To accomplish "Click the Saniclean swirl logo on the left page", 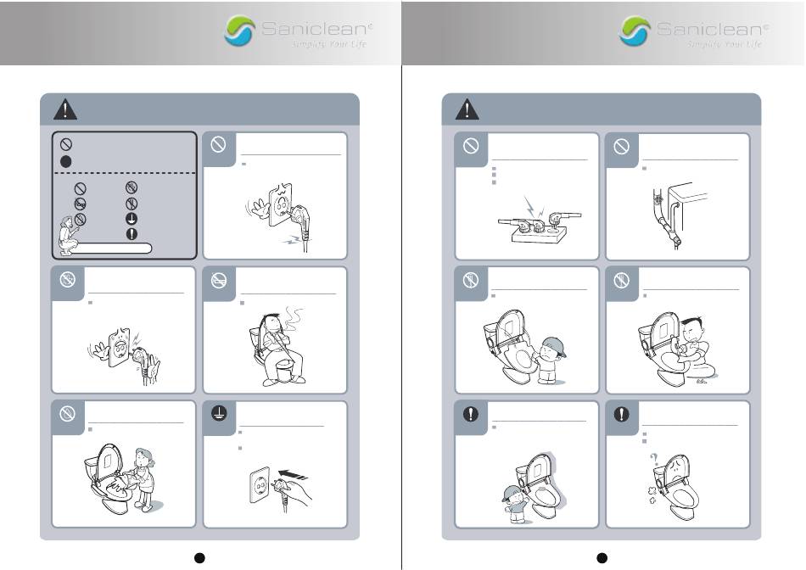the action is click(x=239, y=31).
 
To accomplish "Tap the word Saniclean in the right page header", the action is click(x=712, y=29).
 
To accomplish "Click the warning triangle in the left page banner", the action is click(x=65, y=109).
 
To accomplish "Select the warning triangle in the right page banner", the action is click(x=467, y=109).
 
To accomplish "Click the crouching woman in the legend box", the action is click(x=67, y=236).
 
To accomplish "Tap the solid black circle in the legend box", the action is click(x=66, y=161).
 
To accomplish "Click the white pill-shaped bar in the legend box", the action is click(x=111, y=249).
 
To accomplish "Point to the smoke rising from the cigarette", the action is click(x=292, y=320).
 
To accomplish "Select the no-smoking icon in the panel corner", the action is click(x=219, y=280).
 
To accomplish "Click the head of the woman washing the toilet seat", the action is click(x=144, y=457).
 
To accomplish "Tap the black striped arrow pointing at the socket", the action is click(x=293, y=474).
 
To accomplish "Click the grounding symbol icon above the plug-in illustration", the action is click(x=219, y=413).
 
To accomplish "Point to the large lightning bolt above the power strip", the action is click(x=529, y=207).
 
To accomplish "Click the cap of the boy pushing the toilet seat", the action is click(x=555, y=345).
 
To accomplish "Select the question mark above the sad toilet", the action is click(x=654, y=459).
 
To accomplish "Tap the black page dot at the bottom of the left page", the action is click(x=199, y=558).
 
